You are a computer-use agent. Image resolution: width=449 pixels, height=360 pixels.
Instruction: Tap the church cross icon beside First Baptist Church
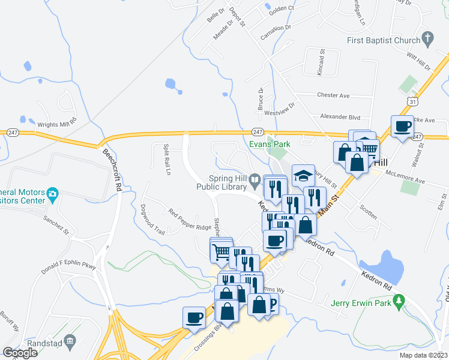[427, 40]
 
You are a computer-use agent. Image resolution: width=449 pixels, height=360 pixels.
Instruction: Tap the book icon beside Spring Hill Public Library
[255, 179]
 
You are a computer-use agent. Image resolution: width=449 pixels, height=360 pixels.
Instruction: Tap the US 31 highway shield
[411, 103]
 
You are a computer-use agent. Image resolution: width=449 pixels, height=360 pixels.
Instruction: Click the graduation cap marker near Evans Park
[304, 175]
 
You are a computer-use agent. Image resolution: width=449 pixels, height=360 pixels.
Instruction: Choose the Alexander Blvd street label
[340, 117]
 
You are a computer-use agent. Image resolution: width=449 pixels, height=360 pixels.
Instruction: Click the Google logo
[20, 353]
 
